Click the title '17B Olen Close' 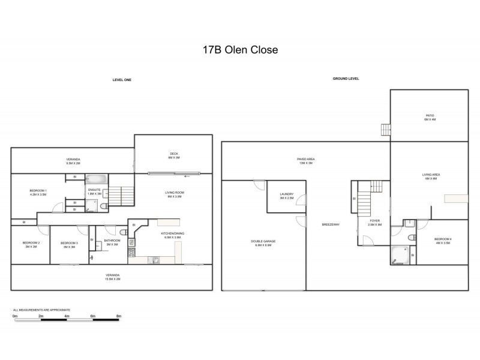[240, 50]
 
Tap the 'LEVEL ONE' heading [122, 79]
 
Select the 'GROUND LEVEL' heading [346, 79]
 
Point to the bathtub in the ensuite [95, 179]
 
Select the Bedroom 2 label [31, 244]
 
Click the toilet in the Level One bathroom [122, 232]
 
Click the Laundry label [286, 196]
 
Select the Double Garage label [263, 243]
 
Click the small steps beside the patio [385, 130]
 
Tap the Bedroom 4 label [443, 241]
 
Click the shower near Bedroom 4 [399, 256]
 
